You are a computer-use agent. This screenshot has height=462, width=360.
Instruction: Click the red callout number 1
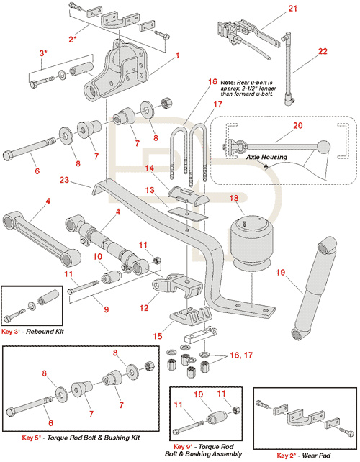pos(178,55)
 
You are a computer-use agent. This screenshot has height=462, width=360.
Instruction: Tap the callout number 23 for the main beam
pos(64,180)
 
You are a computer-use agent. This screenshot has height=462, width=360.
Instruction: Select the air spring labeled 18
pos(251,242)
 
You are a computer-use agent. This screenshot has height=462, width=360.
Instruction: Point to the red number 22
pos(323,51)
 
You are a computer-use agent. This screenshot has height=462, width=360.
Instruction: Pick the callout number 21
pos(292,8)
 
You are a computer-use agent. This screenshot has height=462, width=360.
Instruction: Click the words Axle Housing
pos(266,157)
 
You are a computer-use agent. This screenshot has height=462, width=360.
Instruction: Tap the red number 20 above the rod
pos(297,125)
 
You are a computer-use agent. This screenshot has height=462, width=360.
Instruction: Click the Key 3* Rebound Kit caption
pos(32,332)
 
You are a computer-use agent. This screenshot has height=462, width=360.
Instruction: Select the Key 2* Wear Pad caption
pos(304,456)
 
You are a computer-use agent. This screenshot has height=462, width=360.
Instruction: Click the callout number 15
pos(158,336)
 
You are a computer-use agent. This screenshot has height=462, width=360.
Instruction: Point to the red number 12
pos(144,308)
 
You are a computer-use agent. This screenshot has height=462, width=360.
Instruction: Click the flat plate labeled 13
pos(188,214)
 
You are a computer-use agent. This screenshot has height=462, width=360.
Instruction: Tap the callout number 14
pos(150,168)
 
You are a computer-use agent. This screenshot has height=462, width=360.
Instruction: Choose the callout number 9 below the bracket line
pos(106,309)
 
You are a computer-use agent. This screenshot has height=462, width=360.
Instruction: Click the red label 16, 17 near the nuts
pos(241,355)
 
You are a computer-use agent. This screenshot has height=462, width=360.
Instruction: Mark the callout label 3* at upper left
pos(43,53)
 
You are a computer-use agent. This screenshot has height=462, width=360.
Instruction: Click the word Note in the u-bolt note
pos(228,83)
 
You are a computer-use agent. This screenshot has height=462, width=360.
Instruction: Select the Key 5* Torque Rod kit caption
pos(81,438)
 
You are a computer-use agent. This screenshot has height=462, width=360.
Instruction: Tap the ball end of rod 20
pos(324,147)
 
